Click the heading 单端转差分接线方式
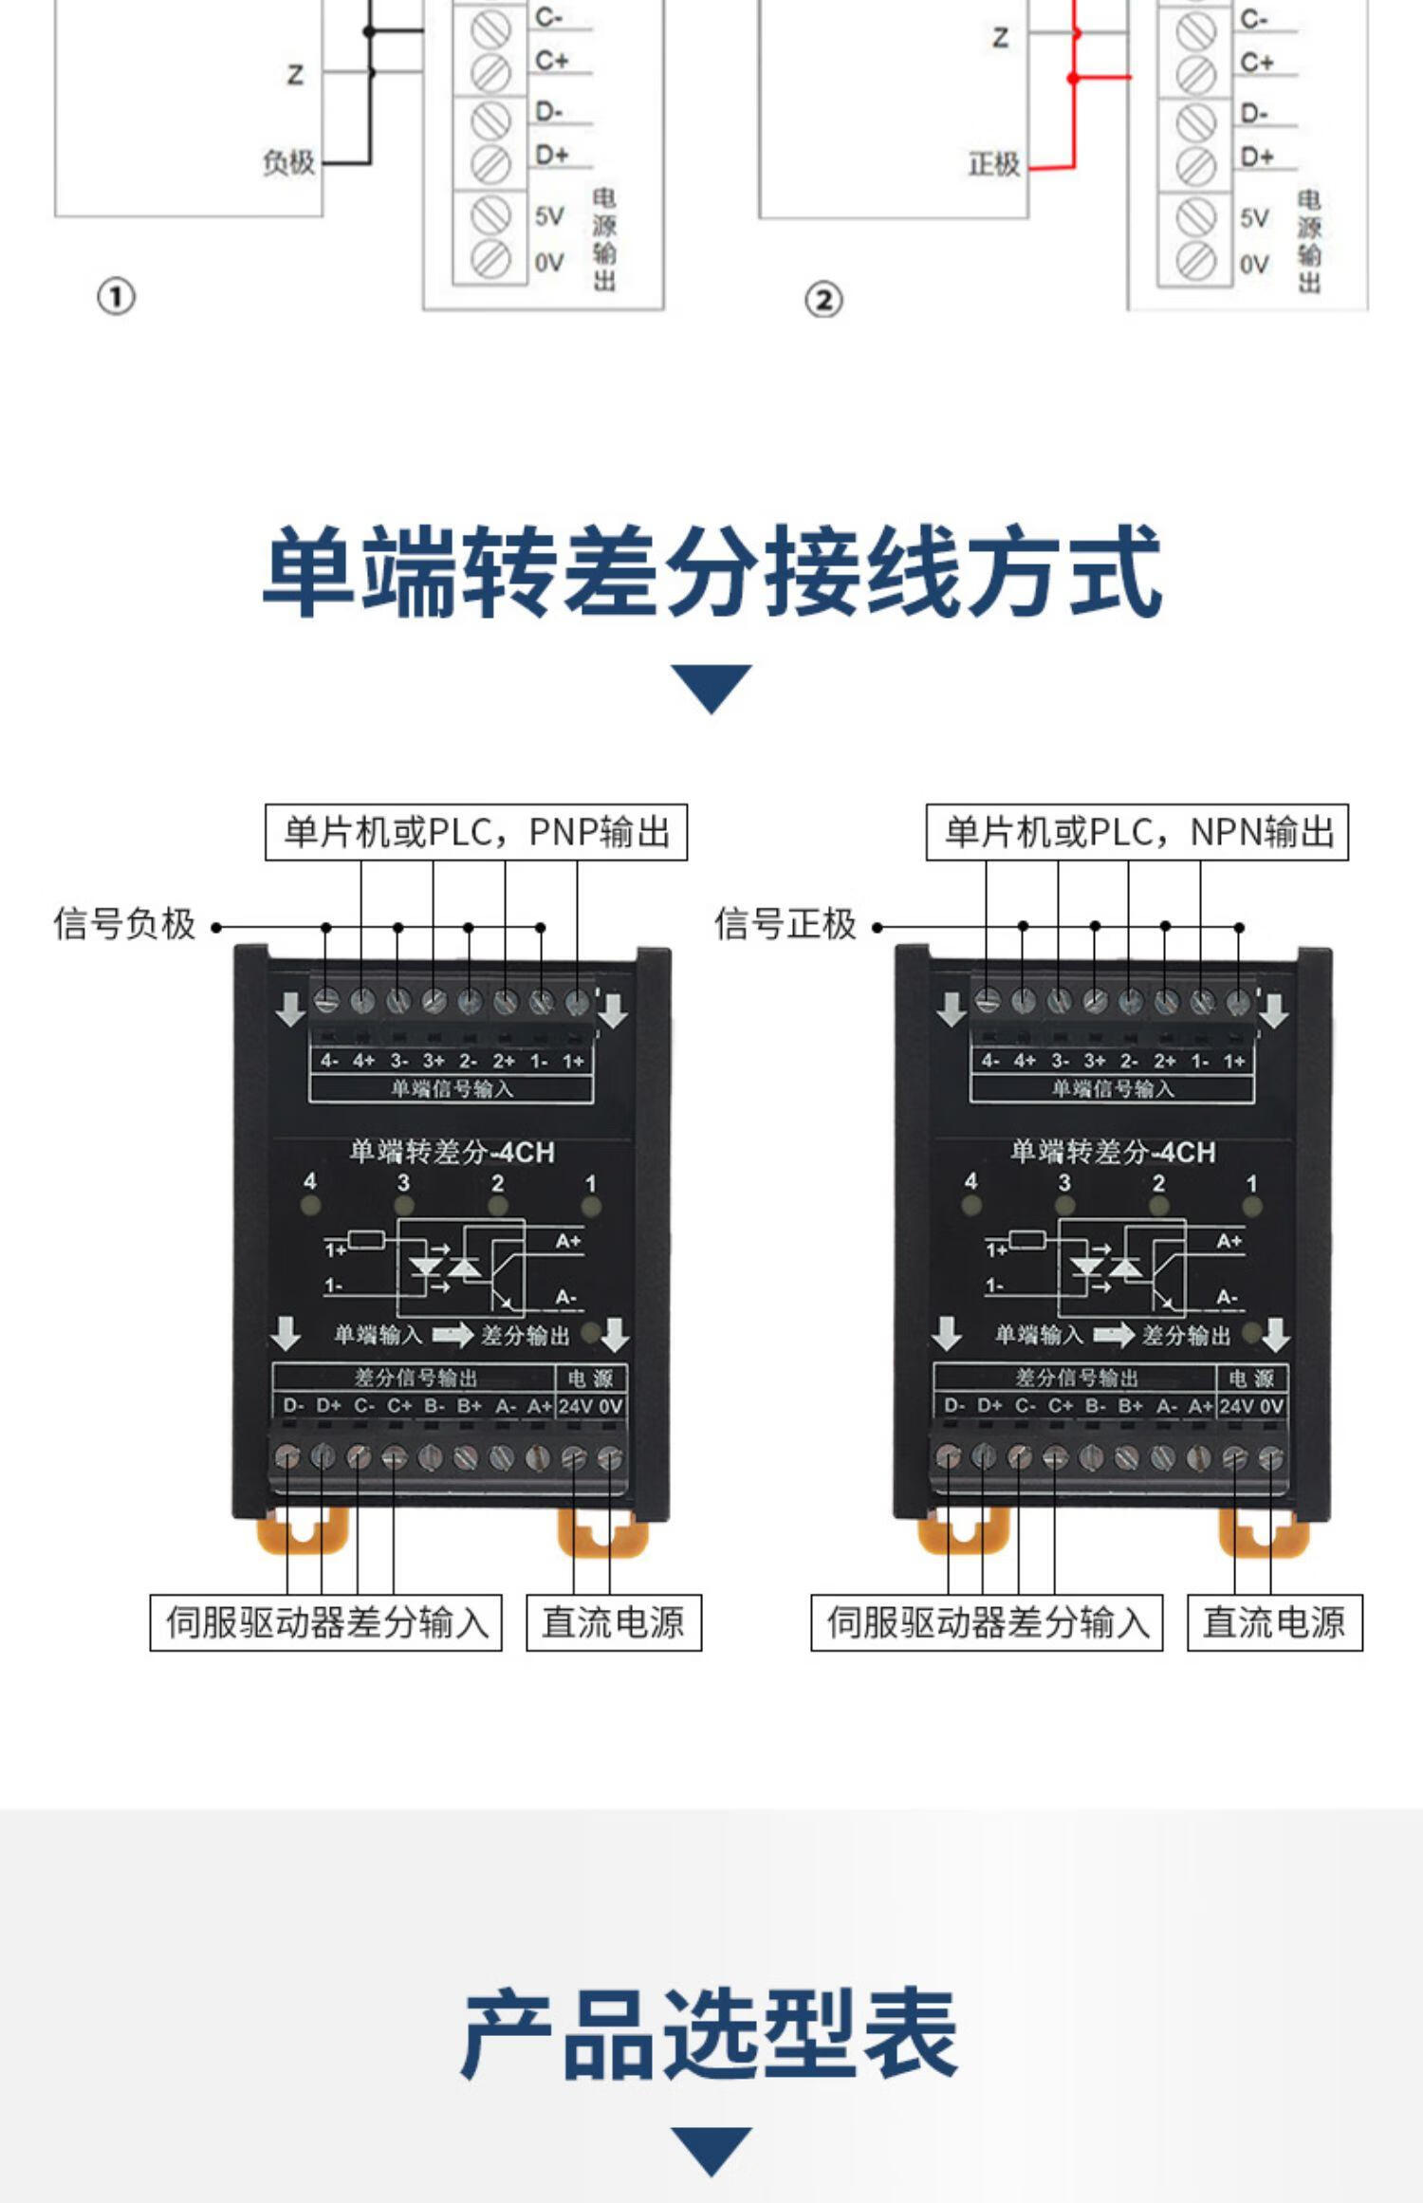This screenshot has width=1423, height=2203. [x=711, y=572]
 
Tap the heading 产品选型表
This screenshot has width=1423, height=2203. [x=710, y=2033]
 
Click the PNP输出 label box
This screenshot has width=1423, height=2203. [x=475, y=832]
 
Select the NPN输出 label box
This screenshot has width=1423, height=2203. [x=1137, y=832]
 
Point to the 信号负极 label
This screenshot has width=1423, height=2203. [x=124, y=924]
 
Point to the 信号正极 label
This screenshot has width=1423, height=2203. [x=785, y=924]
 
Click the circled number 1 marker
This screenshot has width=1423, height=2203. [x=116, y=297]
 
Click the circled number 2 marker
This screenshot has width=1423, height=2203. [x=823, y=301]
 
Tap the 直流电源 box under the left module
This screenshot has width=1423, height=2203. [x=614, y=1622]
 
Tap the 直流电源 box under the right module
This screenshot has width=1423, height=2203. [x=1274, y=1622]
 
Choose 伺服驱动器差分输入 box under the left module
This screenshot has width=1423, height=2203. [x=325, y=1622]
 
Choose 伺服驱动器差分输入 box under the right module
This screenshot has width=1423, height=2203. [x=987, y=1622]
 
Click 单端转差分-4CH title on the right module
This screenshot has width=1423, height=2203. [x=1112, y=1152]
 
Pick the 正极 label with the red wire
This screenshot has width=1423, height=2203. [x=993, y=165]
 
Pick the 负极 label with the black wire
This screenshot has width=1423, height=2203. [x=288, y=162]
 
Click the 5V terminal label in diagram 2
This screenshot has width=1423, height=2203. [x=1254, y=218]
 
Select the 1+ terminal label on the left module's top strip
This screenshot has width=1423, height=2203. [x=573, y=1061]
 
